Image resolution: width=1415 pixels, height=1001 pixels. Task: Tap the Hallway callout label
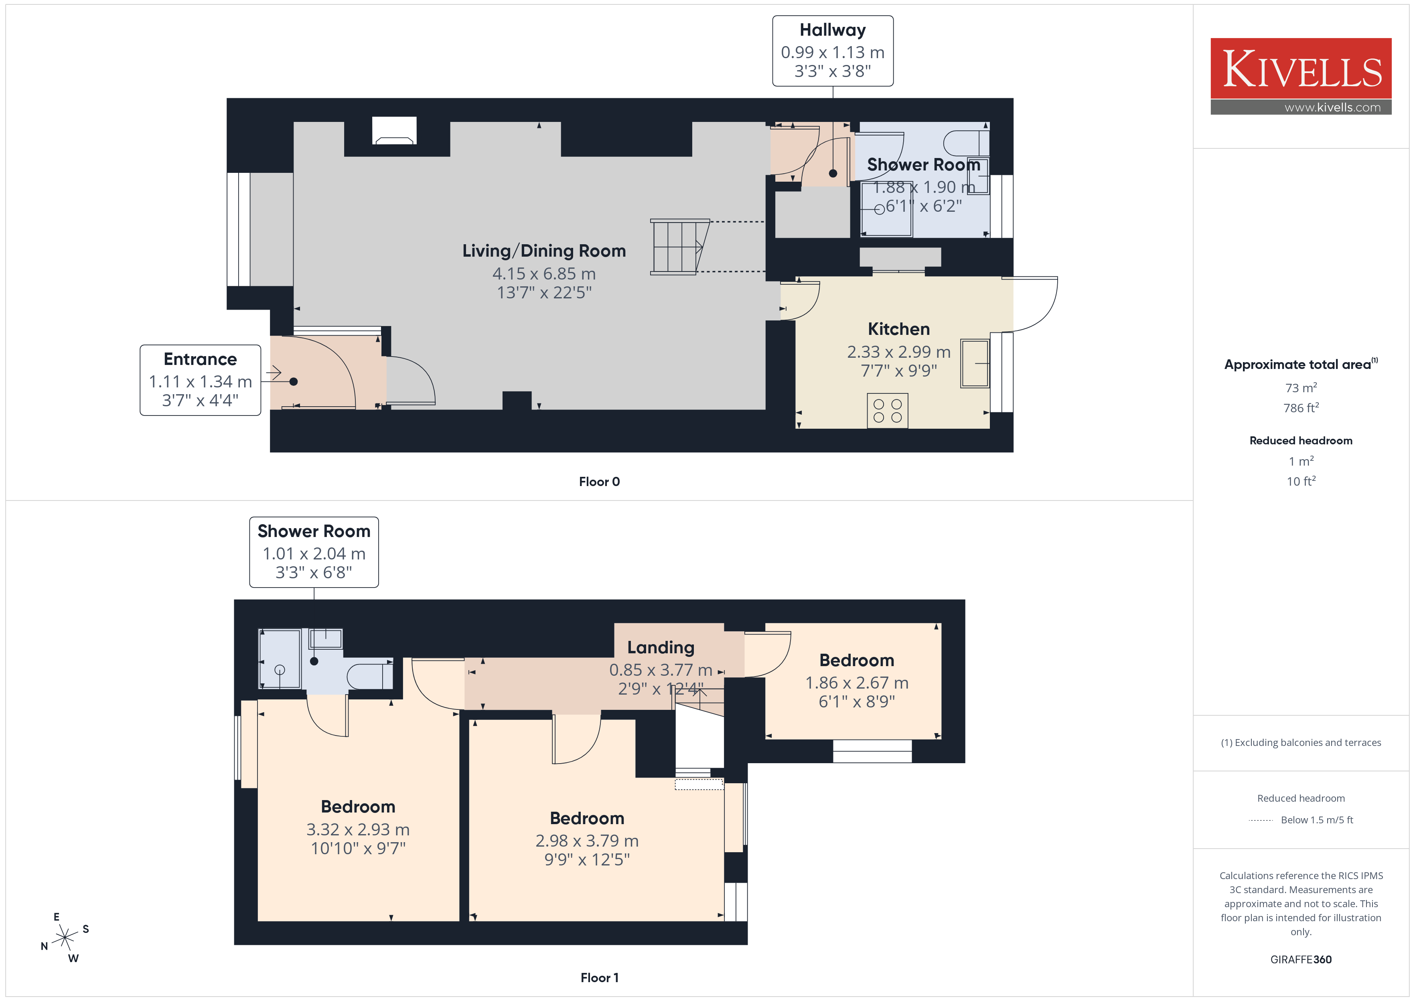coord(833,51)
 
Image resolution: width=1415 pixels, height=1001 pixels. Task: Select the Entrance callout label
coord(200,380)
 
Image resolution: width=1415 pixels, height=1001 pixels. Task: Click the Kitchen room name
coord(898,329)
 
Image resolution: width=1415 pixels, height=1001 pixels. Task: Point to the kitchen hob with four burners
coord(888,411)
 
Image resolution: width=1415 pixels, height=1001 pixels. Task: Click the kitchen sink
coord(975,364)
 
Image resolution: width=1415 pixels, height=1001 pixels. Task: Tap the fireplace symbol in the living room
coord(394,131)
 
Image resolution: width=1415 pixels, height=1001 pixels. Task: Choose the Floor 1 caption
coord(599,978)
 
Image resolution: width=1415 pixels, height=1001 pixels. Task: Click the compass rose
coord(65,938)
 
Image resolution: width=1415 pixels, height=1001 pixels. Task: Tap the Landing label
coord(661,647)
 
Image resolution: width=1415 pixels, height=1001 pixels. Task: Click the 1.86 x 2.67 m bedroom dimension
coord(857,683)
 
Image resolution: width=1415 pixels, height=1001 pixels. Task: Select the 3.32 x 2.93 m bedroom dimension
coord(358,830)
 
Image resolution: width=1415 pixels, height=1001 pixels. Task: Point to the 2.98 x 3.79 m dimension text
coord(587,841)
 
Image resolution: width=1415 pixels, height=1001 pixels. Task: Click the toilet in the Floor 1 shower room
coord(370,676)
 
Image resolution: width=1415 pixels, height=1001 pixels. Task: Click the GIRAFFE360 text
coord(1301,960)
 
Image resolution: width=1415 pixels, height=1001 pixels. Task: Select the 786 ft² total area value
coord(1301,407)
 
